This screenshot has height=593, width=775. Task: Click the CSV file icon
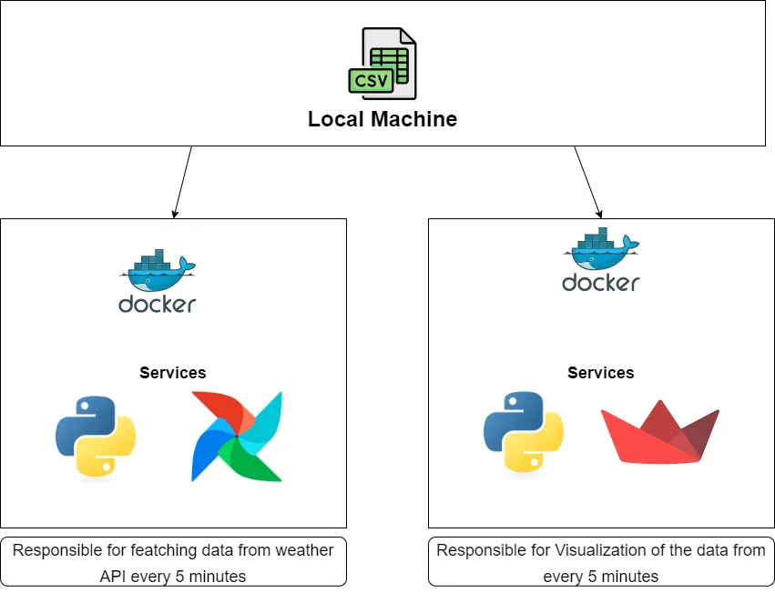[382, 63]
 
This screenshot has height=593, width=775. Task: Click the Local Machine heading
[382, 119]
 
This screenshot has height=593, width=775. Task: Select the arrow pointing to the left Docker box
[183, 182]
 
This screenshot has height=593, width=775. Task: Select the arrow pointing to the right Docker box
[587, 182]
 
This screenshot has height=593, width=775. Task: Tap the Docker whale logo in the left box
[157, 267]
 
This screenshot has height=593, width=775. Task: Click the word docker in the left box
[157, 304]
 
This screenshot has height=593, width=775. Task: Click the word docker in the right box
[601, 282]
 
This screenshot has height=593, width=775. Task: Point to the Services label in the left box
[173, 373]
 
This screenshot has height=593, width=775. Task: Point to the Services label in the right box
[601, 373]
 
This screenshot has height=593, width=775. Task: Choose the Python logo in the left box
[96, 437]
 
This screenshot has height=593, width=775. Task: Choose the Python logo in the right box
[523, 433]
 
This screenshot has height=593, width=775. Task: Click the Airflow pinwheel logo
[237, 437]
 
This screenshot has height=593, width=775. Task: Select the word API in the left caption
[115, 576]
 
